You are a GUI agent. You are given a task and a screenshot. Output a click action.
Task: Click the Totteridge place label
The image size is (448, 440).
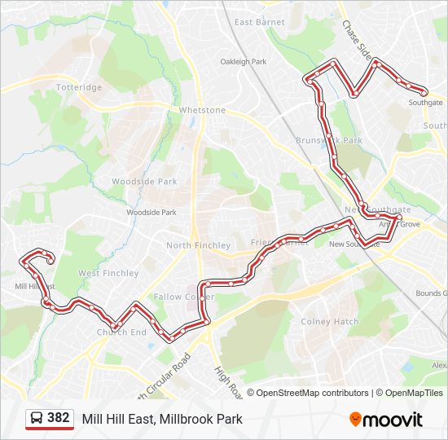(79, 87)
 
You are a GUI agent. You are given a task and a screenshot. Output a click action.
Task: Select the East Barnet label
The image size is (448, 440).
(260, 22)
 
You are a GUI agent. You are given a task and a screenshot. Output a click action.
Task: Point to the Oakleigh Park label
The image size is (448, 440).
(244, 61)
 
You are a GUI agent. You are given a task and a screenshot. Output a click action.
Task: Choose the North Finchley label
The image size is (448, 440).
(198, 245)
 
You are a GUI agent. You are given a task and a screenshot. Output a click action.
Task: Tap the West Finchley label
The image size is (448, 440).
(108, 273)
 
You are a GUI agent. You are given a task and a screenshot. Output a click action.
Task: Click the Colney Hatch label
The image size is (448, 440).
(329, 321)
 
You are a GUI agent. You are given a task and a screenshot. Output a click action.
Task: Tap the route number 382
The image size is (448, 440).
(59, 418)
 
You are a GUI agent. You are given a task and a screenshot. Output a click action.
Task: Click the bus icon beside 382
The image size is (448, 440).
(37, 419)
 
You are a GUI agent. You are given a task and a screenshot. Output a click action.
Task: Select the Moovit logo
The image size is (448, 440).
(386, 420)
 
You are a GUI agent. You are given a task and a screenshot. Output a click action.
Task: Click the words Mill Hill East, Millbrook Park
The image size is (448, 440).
(162, 420)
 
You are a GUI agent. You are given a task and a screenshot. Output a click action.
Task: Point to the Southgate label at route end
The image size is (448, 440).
(425, 103)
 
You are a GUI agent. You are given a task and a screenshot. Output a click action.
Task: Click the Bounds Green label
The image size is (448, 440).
(431, 293)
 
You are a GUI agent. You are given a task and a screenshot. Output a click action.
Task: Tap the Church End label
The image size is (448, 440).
(121, 332)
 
